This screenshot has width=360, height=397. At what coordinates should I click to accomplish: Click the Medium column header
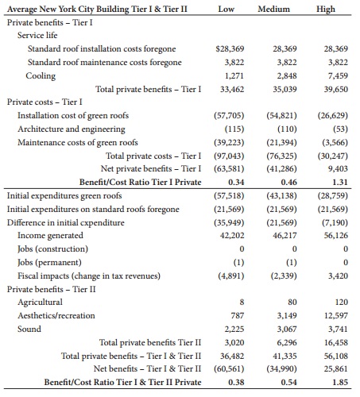(273, 9)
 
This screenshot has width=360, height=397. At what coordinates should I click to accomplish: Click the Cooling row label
(41, 75)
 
